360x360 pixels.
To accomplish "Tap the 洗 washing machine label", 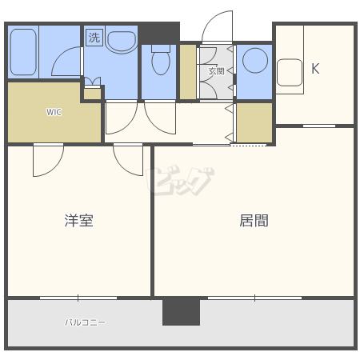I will coord(94,37).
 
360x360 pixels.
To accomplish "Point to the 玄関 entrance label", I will coord(216,71).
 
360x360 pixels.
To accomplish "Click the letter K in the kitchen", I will coord(315,69).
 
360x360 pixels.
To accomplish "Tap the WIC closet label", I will coord(54,112).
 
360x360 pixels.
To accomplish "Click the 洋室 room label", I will coord(79,220).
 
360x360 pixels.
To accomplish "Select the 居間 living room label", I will coord(254,220).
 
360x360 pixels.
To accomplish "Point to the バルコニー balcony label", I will coord(85,323).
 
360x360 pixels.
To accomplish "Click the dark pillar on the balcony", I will coord(181,311).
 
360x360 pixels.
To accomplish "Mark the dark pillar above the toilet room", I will coord(160,34).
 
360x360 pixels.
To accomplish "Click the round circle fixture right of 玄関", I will coord(256,61).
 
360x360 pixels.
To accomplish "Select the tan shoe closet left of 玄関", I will coord(188,73).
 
